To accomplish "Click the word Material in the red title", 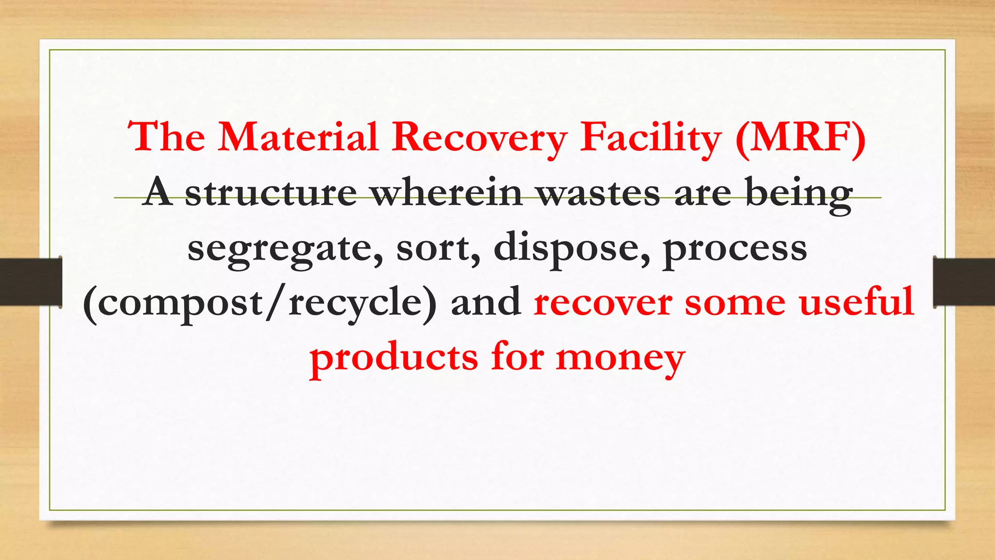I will (x=298, y=137).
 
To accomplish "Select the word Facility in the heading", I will (x=651, y=138).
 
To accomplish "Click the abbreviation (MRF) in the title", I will (x=800, y=138).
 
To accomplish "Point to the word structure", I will (x=271, y=193).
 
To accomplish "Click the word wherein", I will (x=446, y=193).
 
